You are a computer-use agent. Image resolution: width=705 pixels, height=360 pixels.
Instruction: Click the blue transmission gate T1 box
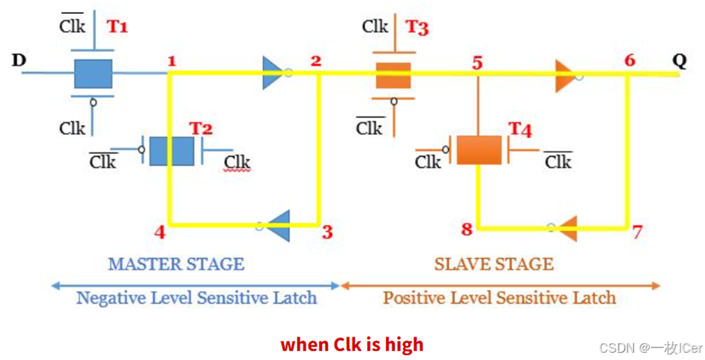(x=93, y=73)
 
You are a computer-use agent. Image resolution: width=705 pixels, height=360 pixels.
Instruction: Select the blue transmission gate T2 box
(x=172, y=151)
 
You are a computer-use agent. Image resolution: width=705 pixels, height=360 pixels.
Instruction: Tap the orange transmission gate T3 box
(x=393, y=75)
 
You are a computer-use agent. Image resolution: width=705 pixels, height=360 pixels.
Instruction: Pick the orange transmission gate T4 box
(x=479, y=150)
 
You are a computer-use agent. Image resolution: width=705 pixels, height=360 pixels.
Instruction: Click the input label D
(x=19, y=60)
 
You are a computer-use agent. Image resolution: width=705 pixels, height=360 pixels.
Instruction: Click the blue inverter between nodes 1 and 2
(x=273, y=73)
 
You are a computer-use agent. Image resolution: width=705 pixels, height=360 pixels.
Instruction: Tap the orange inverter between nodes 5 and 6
(x=565, y=76)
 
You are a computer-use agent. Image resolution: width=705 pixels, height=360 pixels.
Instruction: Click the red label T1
(x=117, y=27)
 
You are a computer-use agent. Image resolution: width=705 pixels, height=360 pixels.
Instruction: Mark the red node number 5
(x=477, y=63)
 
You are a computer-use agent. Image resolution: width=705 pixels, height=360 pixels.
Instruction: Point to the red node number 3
(x=327, y=232)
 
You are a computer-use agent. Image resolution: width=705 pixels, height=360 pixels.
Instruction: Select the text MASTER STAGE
(x=176, y=264)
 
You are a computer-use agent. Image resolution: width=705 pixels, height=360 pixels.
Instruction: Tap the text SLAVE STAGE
(x=493, y=264)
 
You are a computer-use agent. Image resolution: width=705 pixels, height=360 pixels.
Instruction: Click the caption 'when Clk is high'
(x=352, y=344)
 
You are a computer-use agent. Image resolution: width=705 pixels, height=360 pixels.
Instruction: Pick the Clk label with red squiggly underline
(x=237, y=162)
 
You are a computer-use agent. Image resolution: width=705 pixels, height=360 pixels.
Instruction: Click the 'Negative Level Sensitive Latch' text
(x=196, y=297)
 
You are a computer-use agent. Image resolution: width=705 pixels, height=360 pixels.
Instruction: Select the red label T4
(x=520, y=130)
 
